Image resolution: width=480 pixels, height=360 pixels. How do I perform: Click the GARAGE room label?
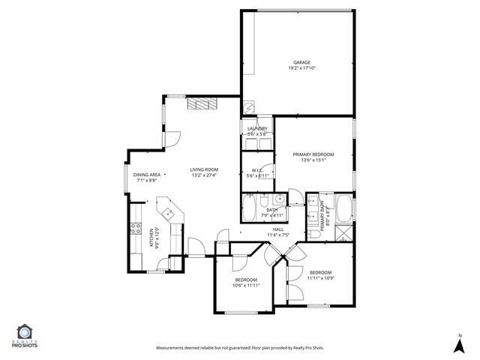[301, 62]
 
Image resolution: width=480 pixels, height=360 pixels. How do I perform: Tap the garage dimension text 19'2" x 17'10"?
[301, 68]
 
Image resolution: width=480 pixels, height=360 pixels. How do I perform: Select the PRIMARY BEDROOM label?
[313, 154]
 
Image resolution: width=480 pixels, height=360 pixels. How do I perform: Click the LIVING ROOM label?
[203, 169]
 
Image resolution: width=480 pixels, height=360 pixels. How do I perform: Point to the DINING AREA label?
[147, 175]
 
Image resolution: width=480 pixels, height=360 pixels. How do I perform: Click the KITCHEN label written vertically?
[151, 237]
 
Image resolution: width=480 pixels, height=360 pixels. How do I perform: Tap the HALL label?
[277, 229]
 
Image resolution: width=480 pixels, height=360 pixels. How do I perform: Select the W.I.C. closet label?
[256, 169]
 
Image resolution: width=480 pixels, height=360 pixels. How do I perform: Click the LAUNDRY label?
[257, 128]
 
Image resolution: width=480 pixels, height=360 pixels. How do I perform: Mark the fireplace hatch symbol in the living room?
[202, 104]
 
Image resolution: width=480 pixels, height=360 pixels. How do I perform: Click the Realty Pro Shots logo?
[25, 335]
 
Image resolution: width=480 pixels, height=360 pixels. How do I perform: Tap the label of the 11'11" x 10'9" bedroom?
[320, 272]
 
